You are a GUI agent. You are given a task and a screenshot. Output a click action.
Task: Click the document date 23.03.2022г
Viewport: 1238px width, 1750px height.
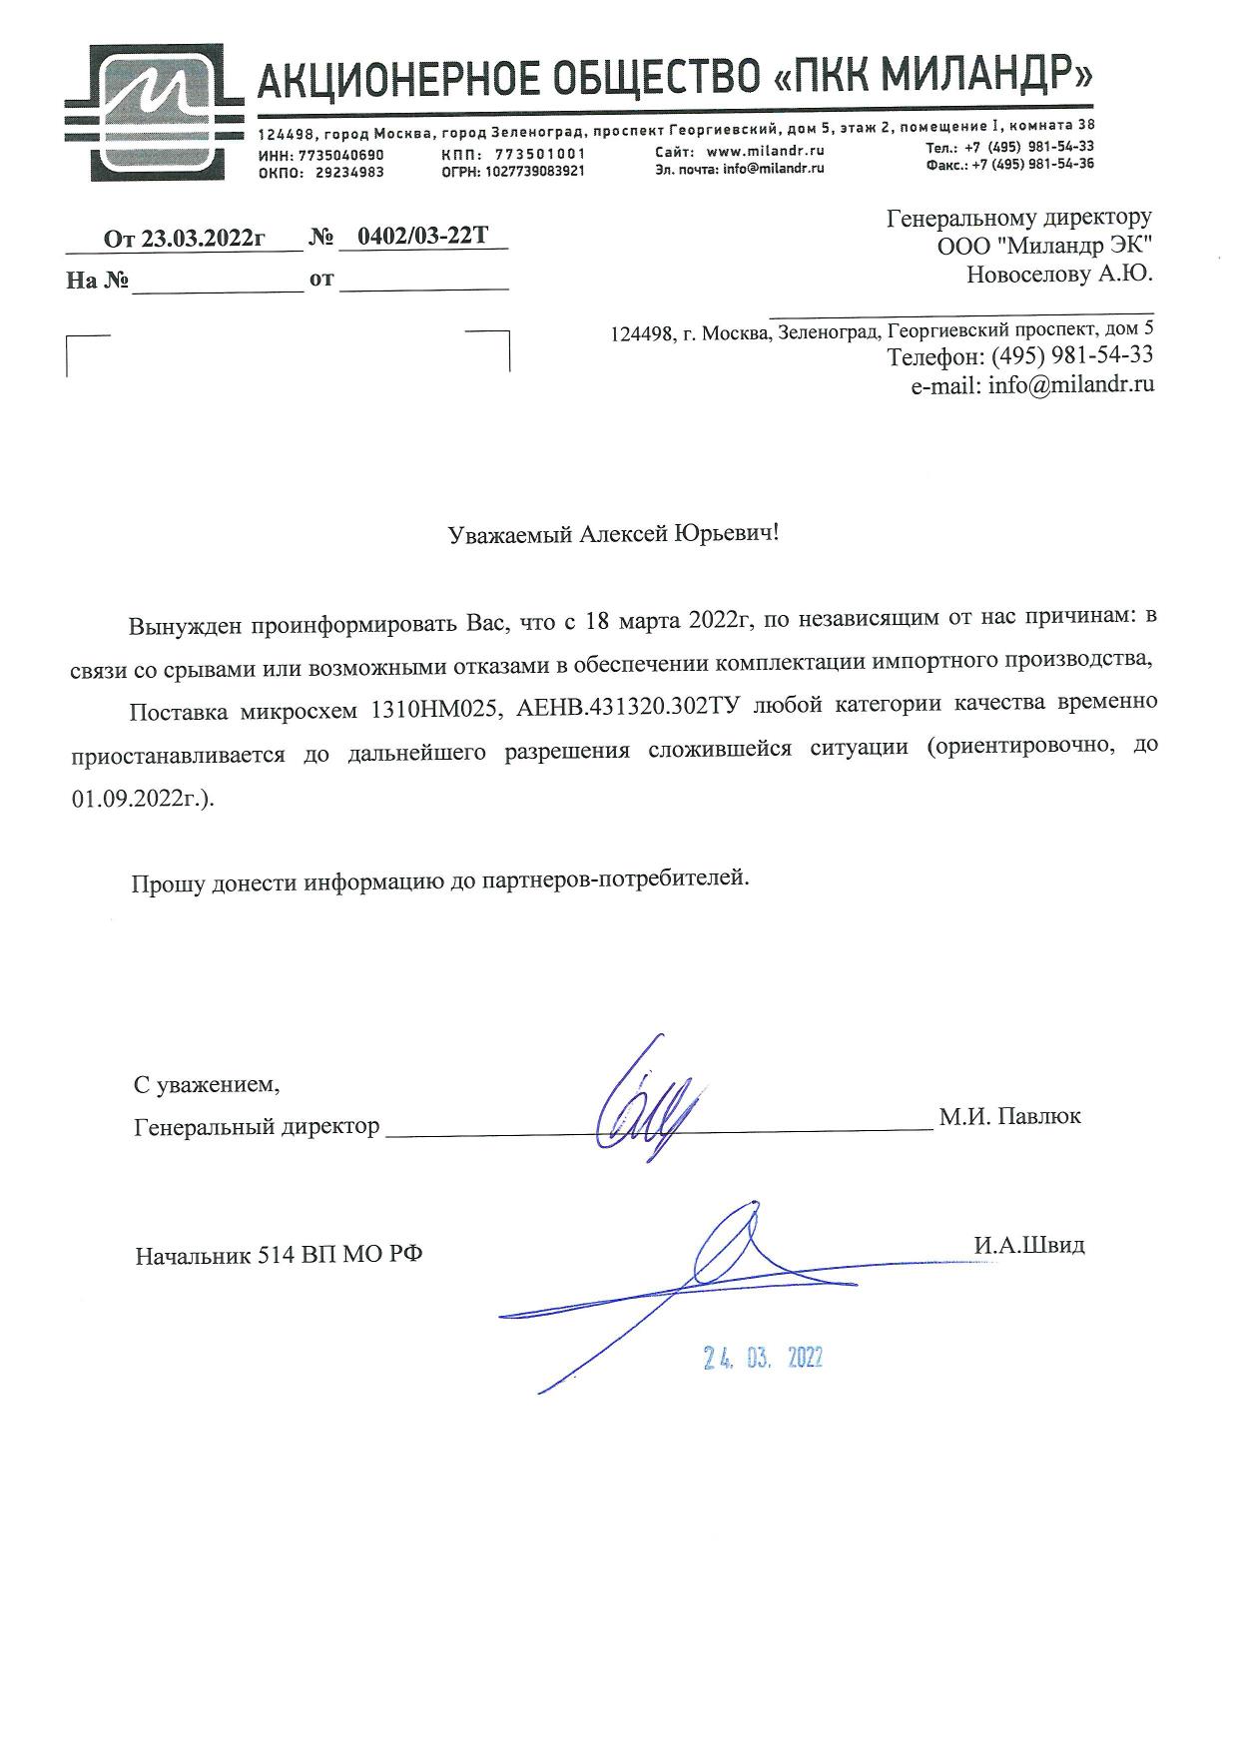[202, 239]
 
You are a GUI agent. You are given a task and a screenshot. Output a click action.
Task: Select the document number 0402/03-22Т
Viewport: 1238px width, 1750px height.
[422, 237]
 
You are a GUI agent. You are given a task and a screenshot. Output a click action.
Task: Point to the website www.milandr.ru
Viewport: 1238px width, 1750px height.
[765, 152]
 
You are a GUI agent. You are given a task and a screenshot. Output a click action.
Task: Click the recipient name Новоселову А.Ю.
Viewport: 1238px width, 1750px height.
[1059, 274]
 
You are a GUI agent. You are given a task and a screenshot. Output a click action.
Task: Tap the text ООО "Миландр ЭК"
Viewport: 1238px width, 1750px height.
[1044, 246]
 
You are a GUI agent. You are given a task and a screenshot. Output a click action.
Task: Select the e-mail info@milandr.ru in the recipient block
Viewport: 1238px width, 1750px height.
[1071, 384]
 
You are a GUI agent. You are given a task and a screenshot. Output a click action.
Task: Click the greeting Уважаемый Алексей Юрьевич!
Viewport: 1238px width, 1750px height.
[613, 534]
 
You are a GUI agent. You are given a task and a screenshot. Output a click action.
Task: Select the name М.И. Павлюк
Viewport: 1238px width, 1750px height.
[1009, 1117]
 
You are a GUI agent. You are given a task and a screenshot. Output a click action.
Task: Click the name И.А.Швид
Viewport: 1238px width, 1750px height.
[1029, 1246]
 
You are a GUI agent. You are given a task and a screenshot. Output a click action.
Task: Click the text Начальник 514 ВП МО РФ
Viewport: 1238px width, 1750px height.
[279, 1255]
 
